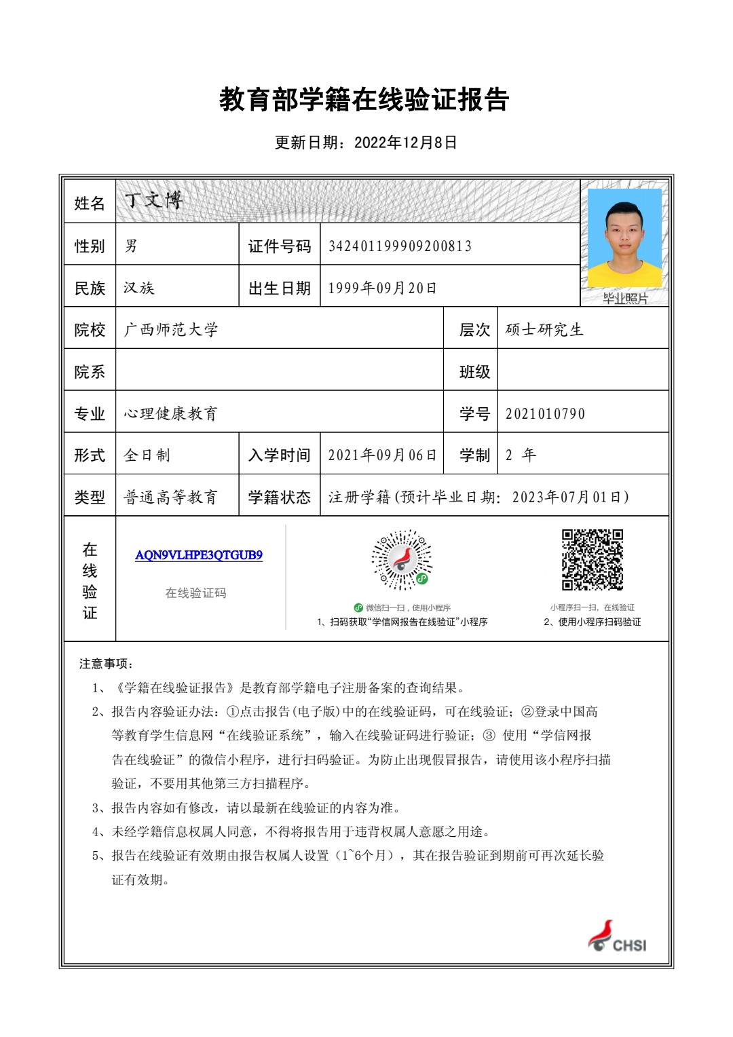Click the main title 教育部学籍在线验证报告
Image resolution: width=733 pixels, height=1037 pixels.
(364, 100)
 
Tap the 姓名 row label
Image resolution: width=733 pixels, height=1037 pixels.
(90, 203)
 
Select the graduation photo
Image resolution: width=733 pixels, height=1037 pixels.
(624, 238)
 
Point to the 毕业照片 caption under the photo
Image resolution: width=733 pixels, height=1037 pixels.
(625, 299)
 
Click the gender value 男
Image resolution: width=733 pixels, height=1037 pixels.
(131, 246)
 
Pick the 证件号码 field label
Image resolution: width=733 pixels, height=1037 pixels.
(279, 246)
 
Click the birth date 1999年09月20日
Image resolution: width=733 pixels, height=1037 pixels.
(382, 288)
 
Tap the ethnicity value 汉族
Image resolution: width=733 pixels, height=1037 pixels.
(139, 288)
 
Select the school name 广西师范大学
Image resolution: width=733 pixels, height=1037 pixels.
(171, 330)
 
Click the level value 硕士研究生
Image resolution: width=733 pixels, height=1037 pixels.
(544, 330)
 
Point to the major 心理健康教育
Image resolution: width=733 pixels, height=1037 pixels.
(171, 413)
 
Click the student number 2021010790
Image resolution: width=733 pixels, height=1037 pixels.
(545, 413)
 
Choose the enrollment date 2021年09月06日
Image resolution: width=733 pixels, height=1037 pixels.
(382, 455)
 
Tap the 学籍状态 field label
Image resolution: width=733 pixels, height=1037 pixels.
(279, 497)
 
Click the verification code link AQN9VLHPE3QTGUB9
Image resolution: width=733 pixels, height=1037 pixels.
(199, 555)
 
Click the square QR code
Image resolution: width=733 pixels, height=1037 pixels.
(593, 560)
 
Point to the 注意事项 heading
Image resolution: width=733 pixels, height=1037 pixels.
(106, 664)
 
